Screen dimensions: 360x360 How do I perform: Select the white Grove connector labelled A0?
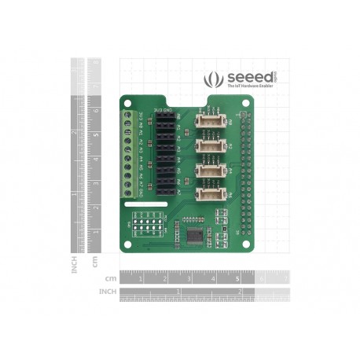(x=208, y=121)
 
